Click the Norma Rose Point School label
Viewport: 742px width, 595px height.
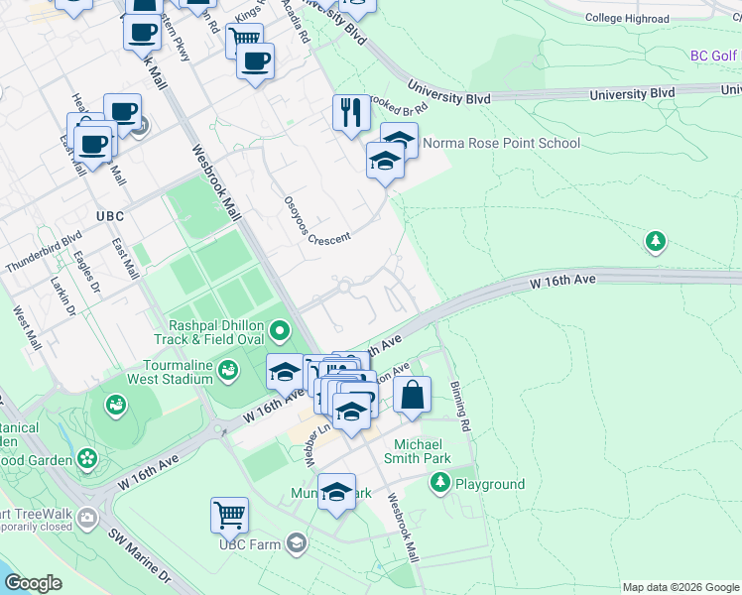click(501, 143)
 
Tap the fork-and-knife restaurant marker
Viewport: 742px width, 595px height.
click(349, 113)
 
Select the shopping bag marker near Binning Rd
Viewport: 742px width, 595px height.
click(413, 395)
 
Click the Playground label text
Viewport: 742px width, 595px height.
click(489, 484)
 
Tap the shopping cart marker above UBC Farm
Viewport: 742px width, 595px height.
click(229, 516)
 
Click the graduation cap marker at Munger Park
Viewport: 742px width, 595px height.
click(336, 492)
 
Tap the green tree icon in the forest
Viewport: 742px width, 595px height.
click(655, 241)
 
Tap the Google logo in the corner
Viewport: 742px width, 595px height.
click(33, 583)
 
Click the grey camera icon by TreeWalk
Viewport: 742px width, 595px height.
click(88, 517)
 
